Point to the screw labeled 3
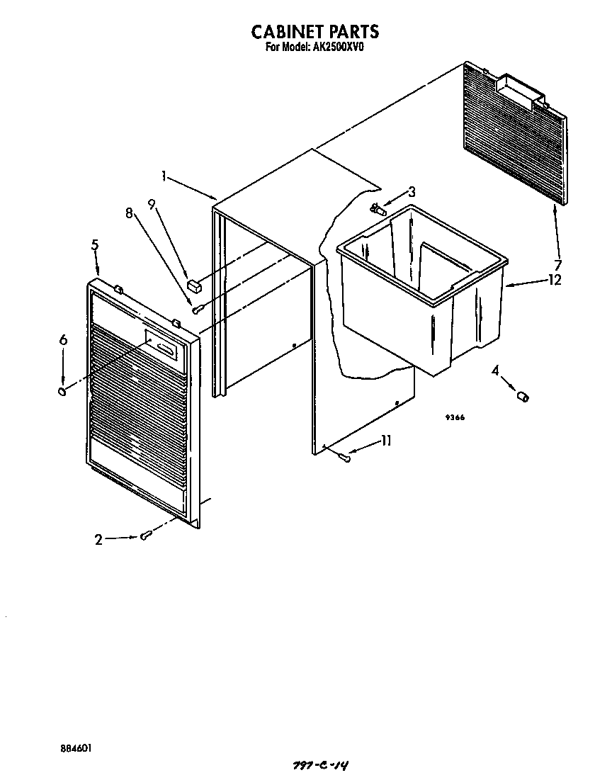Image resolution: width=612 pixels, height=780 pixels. pos(379,209)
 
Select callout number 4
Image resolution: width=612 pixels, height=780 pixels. pos(495,370)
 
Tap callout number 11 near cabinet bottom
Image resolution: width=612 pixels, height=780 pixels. pos(386,441)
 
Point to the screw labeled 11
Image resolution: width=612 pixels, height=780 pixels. pos(345,458)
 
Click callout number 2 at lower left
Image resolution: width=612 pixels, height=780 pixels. pos(99,540)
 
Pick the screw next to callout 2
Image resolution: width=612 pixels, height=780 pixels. pos(145,536)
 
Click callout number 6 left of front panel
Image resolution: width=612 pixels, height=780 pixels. pos(63,341)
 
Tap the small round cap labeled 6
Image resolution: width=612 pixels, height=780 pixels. pos(62,391)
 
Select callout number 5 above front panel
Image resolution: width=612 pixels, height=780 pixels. pos(95,245)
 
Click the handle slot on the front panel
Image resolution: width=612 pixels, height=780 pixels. pos(166,347)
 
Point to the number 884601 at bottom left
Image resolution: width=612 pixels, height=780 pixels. pos(75,748)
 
